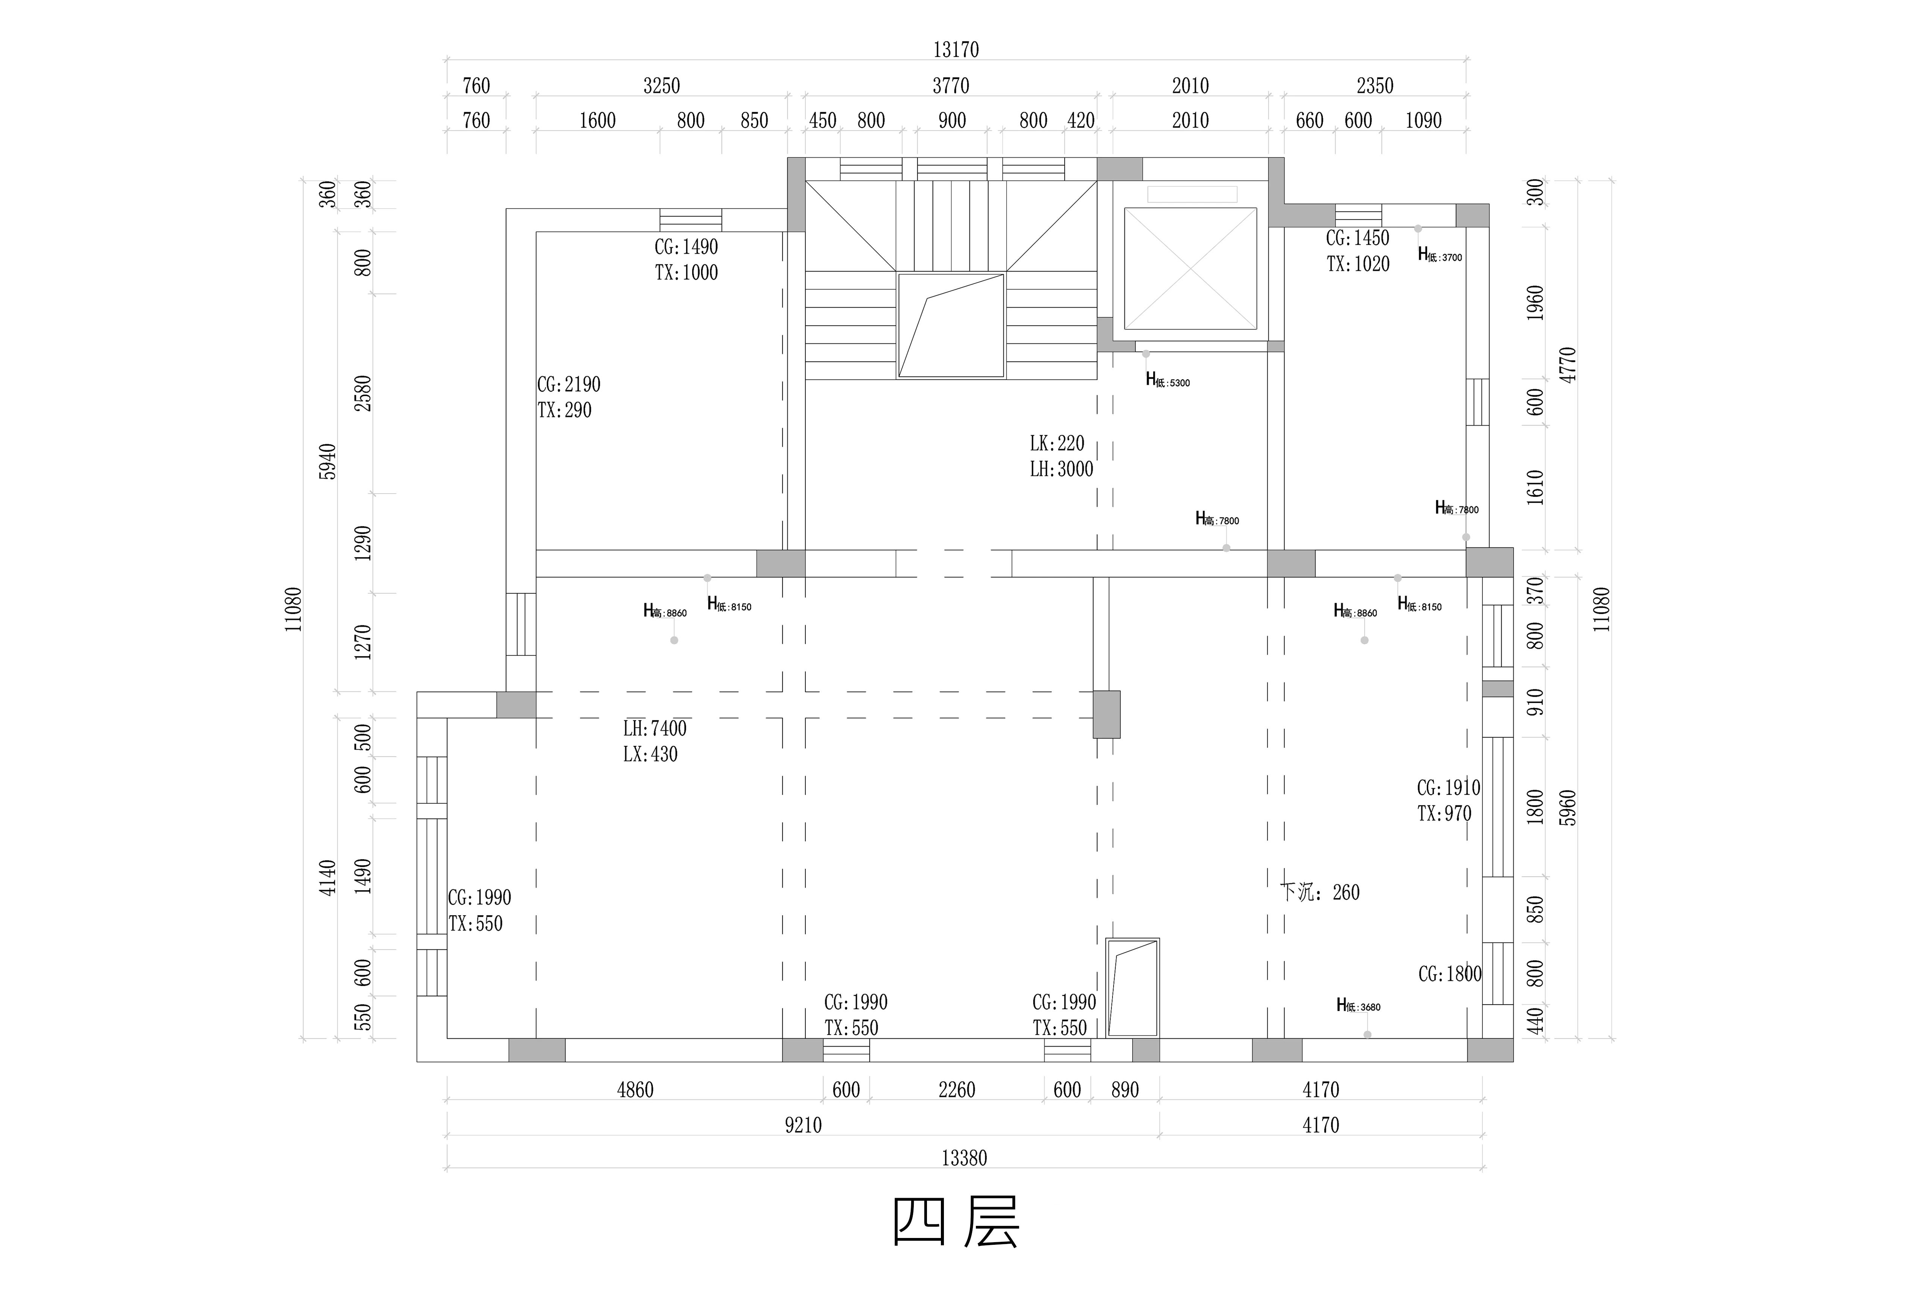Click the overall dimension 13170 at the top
956,50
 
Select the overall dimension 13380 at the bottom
964,1158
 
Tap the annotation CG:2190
569,385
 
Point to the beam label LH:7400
654,728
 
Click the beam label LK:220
1057,444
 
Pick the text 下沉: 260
1320,893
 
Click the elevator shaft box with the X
1190,269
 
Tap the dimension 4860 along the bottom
635,1090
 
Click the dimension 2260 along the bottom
957,1090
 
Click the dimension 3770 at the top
951,85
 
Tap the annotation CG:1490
686,247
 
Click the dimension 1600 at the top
598,121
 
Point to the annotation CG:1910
1448,788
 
